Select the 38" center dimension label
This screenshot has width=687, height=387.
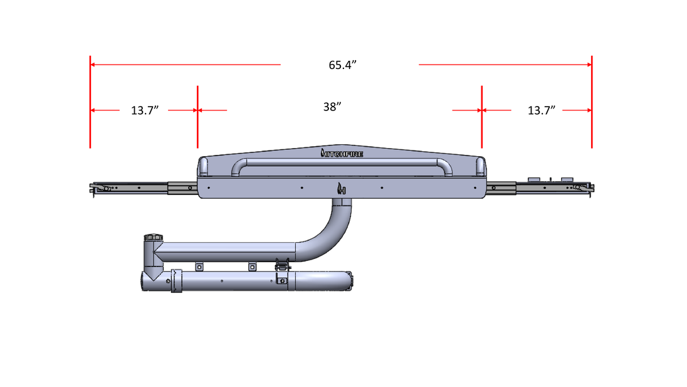point(332,107)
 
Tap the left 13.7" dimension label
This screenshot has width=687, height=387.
point(145,111)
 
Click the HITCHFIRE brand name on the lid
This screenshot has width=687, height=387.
point(342,152)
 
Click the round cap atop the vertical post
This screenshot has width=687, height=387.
point(152,237)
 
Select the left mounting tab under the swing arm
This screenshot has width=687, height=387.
point(200,267)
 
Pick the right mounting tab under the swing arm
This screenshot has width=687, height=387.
point(252,267)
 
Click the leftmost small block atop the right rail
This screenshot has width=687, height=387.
point(535,179)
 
